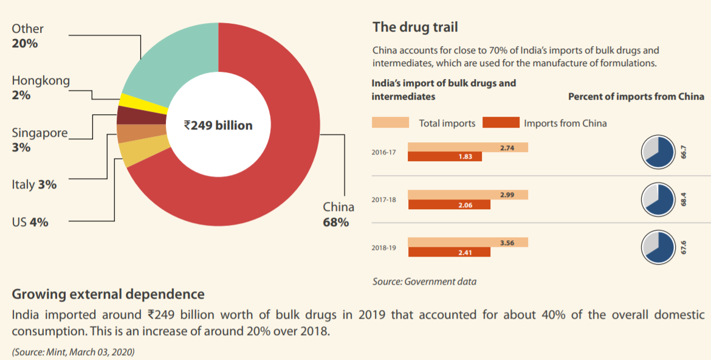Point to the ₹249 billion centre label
pyautogui.click(x=218, y=125)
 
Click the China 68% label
pyautogui.click(x=338, y=214)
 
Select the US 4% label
pyautogui.click(x=30, y=222)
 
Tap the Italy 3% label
pyautogui.click(x=34, y=184)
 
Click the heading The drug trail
pyautogui.click(x=415, y=27)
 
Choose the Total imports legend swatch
pyautogui.click(x=390, y=123)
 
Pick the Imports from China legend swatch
pyautogui.click(x=501, y=123)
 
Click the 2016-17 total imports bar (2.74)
pyautogui.click(x=467, y=147)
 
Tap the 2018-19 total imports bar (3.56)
pyautogui.click(x=467, y=242)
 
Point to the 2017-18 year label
pyautogui.click(x=383, y=199)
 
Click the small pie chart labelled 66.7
pyautogui.click(x=658, y=152)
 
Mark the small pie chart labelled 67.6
pyautogui.click(x=658, y=247)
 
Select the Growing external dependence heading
pyautogui.click(x=108, y=294)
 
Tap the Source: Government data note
pyautogui.click(x=424, y=282)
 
